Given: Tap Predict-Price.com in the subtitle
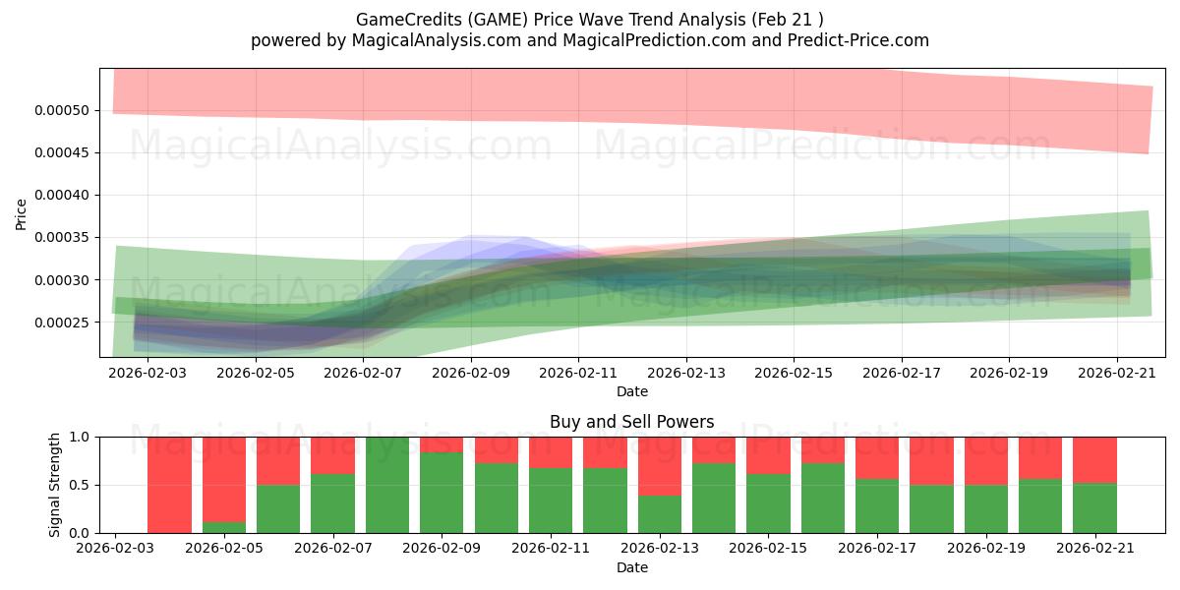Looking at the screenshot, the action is (858, 40).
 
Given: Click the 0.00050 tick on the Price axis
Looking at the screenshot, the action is (62, 110).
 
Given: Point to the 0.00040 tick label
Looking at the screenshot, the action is (62, 196).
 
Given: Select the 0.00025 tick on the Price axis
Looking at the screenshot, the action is (62, 323).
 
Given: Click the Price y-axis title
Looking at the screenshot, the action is (21, 214).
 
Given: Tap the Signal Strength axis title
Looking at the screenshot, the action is (54, 485).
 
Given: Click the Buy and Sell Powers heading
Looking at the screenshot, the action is (631, 422).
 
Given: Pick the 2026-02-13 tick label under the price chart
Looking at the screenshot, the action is (686, 373).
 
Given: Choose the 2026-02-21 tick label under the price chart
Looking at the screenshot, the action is (1117, 373).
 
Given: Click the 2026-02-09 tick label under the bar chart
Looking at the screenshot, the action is (442, 548).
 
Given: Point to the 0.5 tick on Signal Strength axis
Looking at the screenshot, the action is (79, 485).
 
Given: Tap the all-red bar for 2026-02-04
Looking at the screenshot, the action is (169, 485).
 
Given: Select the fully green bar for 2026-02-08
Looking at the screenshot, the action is (387, 485).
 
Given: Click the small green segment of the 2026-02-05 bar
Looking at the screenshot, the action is (224, 527).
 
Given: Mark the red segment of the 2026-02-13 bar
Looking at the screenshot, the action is (660, 466).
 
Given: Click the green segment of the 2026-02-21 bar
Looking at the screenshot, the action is (1094, 508).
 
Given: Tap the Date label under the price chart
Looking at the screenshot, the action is (632, 391).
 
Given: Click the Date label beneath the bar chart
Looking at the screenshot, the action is (632, 567).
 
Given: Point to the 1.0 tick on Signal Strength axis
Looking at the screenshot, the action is (79, 438).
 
